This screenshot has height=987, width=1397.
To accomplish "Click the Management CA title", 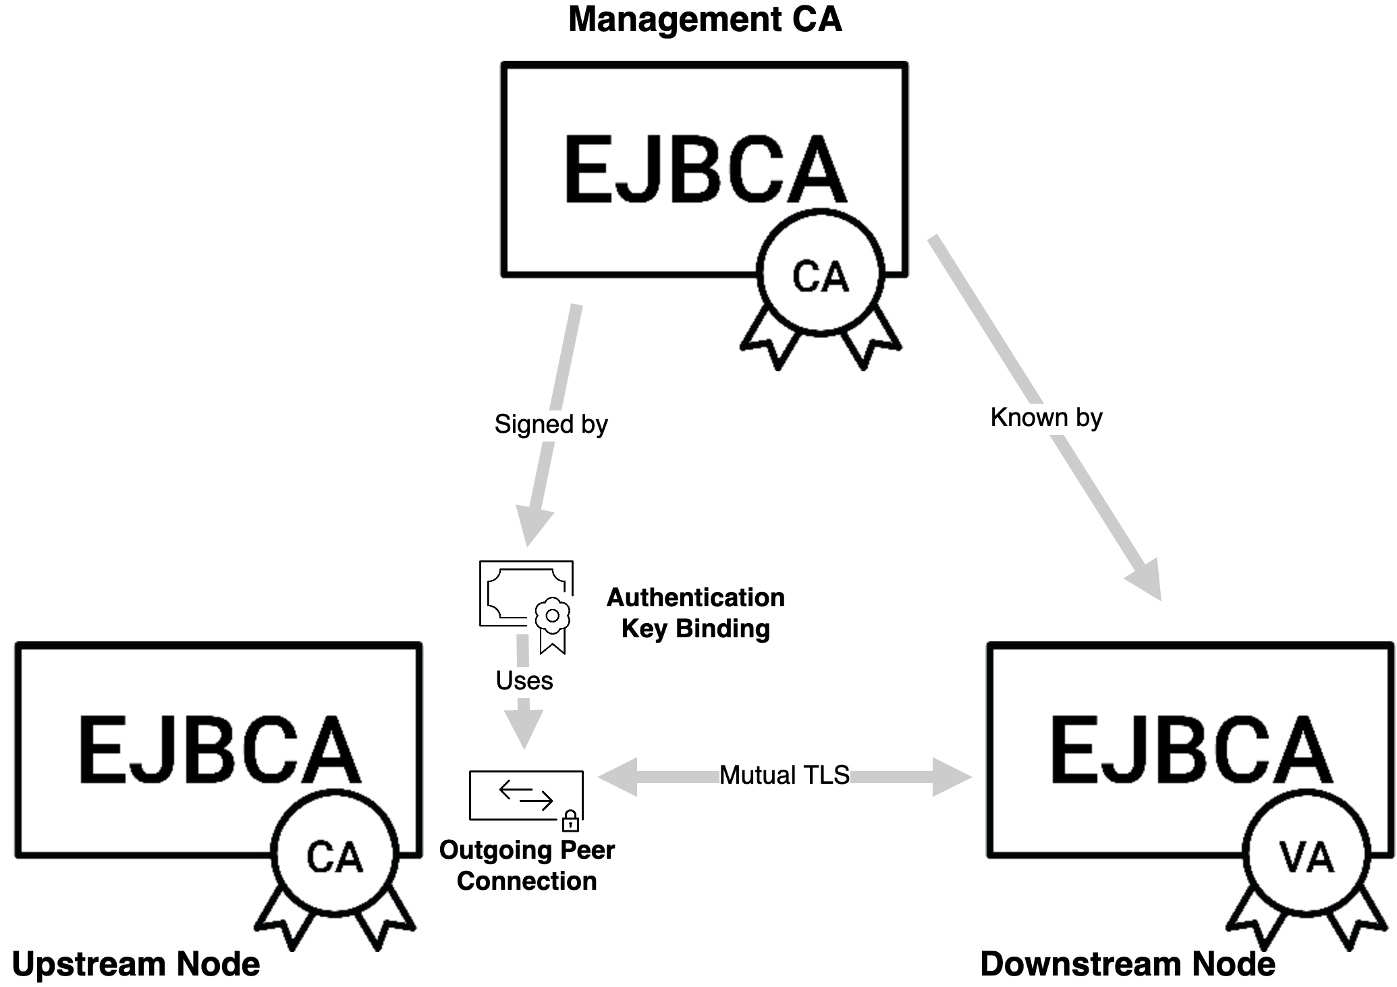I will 705,19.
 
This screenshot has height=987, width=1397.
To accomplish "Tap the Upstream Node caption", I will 136,963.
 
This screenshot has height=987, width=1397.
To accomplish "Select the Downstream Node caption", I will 1127,963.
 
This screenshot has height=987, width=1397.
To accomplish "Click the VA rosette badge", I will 1307,858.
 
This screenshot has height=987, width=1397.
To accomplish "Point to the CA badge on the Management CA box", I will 820,275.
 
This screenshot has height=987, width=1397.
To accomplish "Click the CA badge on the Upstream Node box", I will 335,857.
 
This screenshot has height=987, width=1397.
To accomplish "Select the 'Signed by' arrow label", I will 551,424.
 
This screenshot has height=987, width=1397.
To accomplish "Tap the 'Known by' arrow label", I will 1046,417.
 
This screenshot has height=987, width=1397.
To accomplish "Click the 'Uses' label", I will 524,681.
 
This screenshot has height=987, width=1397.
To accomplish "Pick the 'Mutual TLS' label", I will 784,775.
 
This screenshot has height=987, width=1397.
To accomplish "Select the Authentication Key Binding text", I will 695,613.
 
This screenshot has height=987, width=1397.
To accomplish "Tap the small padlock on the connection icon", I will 570,821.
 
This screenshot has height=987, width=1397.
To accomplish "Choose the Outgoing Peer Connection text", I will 526,865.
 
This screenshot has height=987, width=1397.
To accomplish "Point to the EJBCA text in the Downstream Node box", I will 1190,751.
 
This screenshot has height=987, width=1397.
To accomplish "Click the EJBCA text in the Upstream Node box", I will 219,751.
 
